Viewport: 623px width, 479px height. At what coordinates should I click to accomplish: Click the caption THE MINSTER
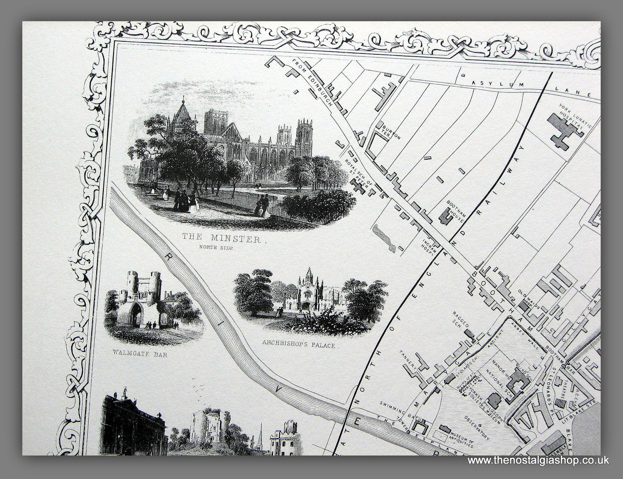click(221, 239)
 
